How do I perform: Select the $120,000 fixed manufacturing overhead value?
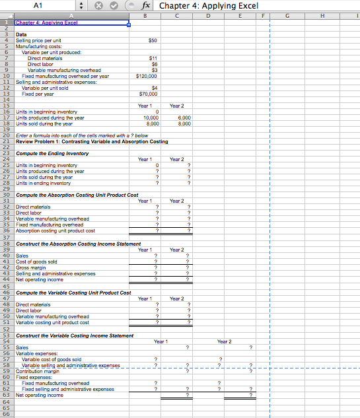145,76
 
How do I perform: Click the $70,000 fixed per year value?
148,94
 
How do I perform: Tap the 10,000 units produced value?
151,118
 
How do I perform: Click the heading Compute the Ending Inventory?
52,153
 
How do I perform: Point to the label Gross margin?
31,267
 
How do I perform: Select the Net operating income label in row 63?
39,395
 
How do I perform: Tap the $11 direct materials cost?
153,58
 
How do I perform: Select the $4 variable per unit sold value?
155,88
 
